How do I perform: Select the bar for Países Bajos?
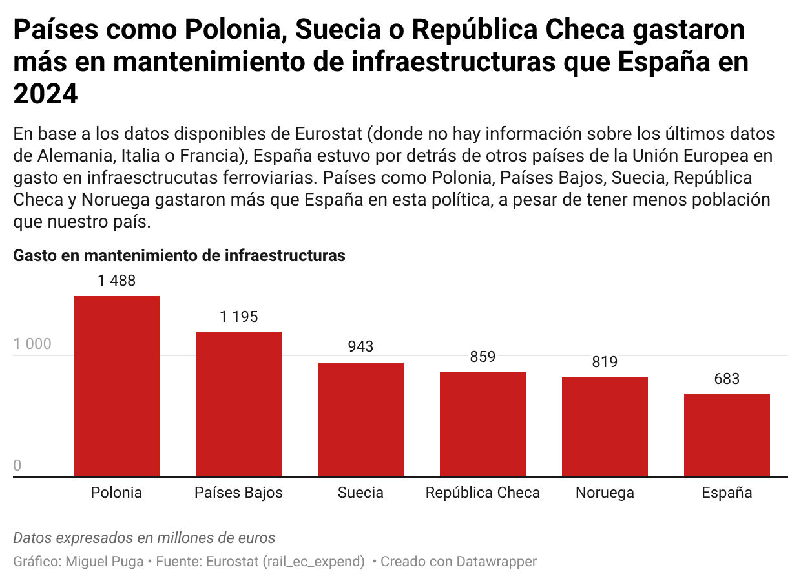(238, 404)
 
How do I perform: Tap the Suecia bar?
(360, 419)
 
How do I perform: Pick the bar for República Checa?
(483, 425)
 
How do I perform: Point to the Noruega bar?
(605, 427)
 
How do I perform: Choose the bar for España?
(727, 435)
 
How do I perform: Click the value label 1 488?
(117, 281)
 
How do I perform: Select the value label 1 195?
(238, 317)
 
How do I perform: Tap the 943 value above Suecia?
(360, 347)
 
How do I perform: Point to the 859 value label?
(483, 357)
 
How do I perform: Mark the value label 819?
(605, 362)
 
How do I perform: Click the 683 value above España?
(727, 379)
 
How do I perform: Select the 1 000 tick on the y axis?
(32, 344)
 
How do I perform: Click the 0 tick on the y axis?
(17, 466)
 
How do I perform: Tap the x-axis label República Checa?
(483, 493)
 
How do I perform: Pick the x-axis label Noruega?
(605, 493)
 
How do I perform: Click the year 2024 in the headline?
(45, 94)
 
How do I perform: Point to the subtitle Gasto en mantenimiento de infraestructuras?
(179, 256)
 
